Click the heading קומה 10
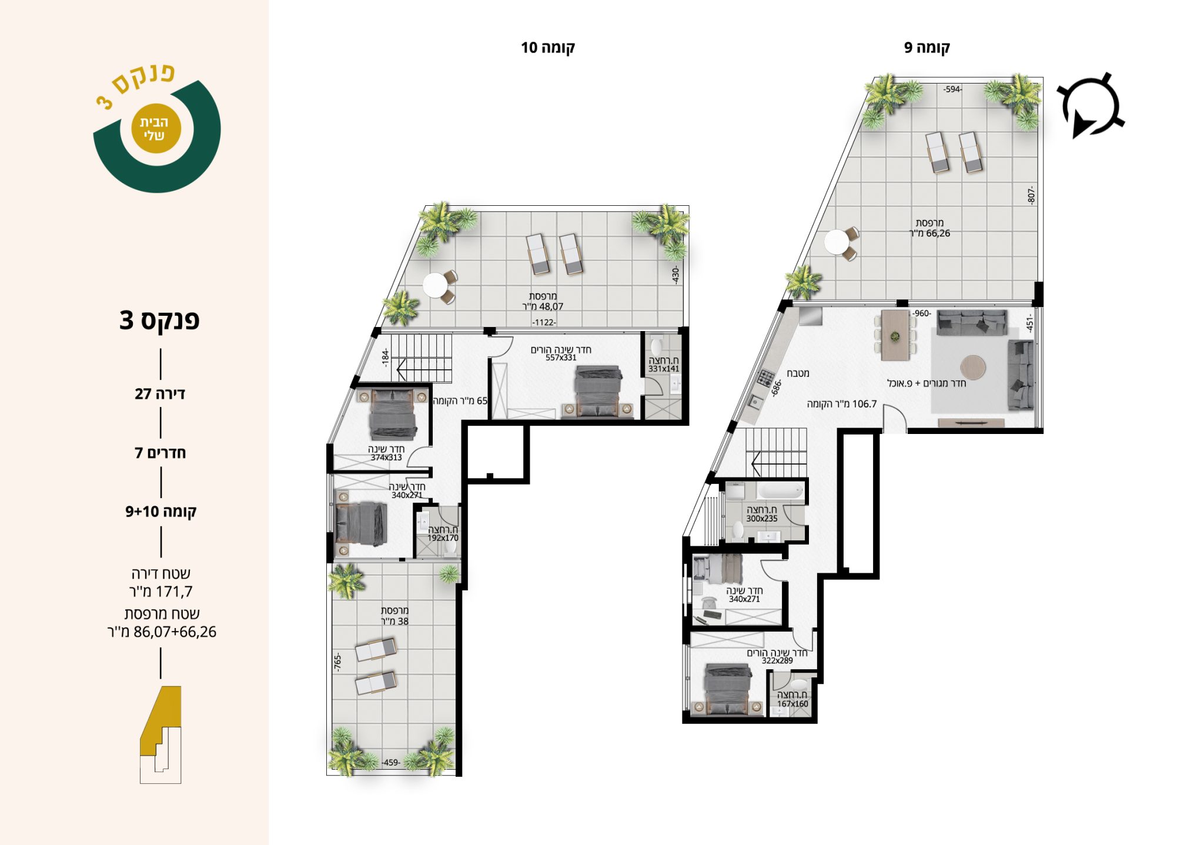[548, 48]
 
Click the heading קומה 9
[927, 48]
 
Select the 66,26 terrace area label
[929, 233]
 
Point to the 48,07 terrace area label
[543, 306]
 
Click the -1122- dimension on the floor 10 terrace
[544, 322]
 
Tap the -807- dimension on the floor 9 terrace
[1031, 195]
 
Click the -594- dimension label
[952, 89]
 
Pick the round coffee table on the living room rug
[972, 367]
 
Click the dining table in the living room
[895, 335]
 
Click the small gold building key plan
[160, 734]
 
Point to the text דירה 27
[160, 394]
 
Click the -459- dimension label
[391, 763]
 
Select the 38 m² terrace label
[394, 621]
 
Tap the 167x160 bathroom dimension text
[792, 704]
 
